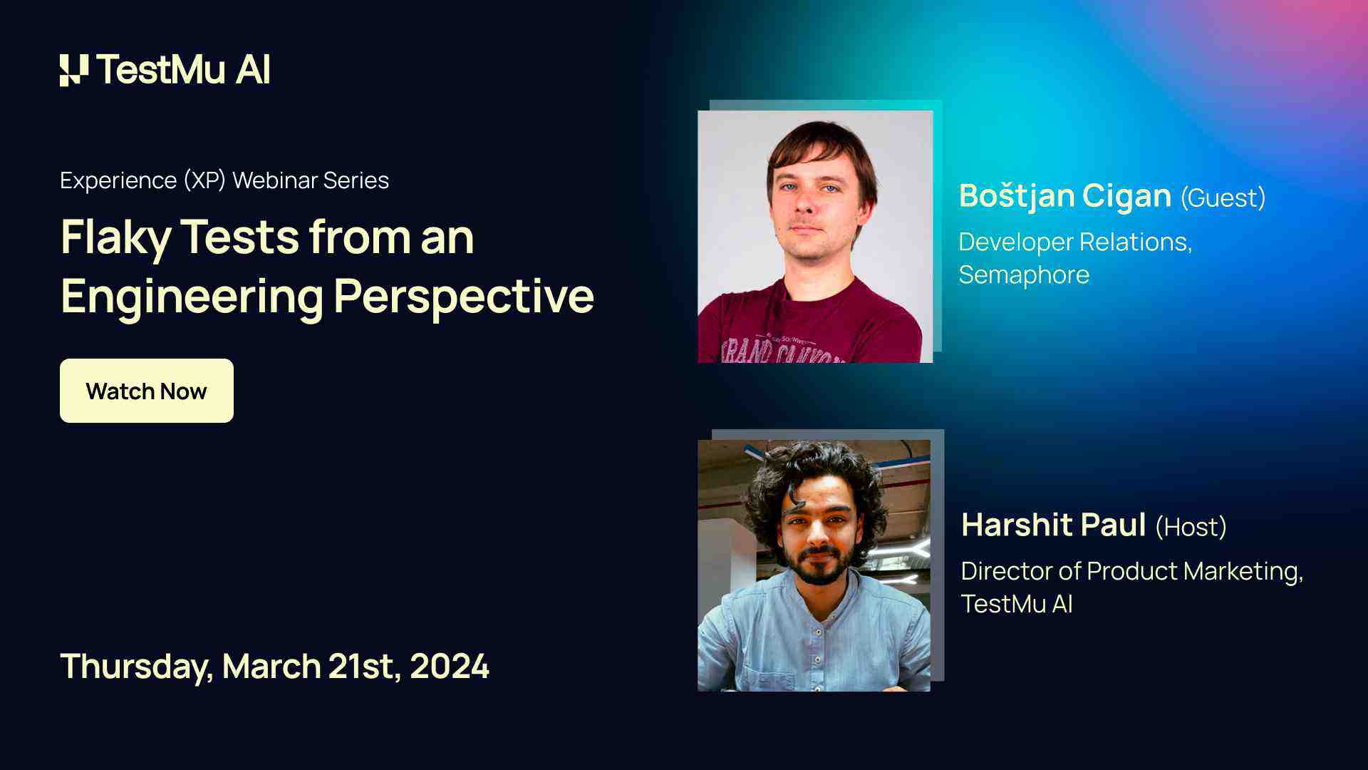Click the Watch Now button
(x=146, y=391)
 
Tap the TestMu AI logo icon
(x=74, y=70)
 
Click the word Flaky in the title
(x=115, y=237)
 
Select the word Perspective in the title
(x=464, y=296)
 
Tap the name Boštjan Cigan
(x=1064, y=196)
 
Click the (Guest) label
(x=1223, y=197)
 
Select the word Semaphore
(x=1024, y=275)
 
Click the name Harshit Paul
(x=1053, y=525)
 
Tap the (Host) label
(x=1191, y=527)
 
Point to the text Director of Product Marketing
(x=1131, y=571)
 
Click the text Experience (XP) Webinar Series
(x=224, y=180)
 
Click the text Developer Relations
(x=1074, y=242)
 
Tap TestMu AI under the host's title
(x=1016, y=605)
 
